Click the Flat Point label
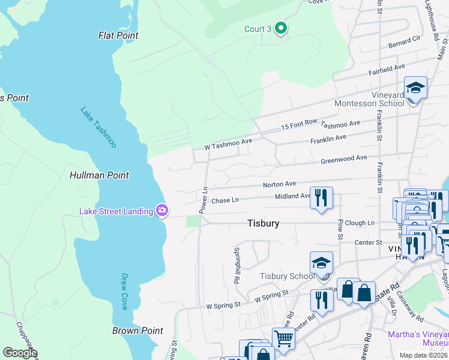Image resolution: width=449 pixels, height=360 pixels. click(118, 35)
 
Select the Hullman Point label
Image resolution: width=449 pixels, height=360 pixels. click(99, 175)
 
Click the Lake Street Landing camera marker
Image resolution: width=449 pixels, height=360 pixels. click(161, 211)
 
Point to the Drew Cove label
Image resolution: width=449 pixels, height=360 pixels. click(124, 291)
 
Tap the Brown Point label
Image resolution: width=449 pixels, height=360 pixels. click(137, 331)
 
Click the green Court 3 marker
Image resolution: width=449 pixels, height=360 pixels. click(280, 28)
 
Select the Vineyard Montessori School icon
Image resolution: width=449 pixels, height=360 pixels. click(415, 89)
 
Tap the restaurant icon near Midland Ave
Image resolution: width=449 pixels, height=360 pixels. click(321, 198)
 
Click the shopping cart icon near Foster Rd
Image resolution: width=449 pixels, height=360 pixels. click(283, 338)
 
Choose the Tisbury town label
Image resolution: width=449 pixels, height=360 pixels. click(263, 223)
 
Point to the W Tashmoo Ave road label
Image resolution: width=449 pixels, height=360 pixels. click(228, 144)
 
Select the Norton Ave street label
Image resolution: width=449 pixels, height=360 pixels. click(279, 184)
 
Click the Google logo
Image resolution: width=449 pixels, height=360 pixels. click(20, 353)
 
